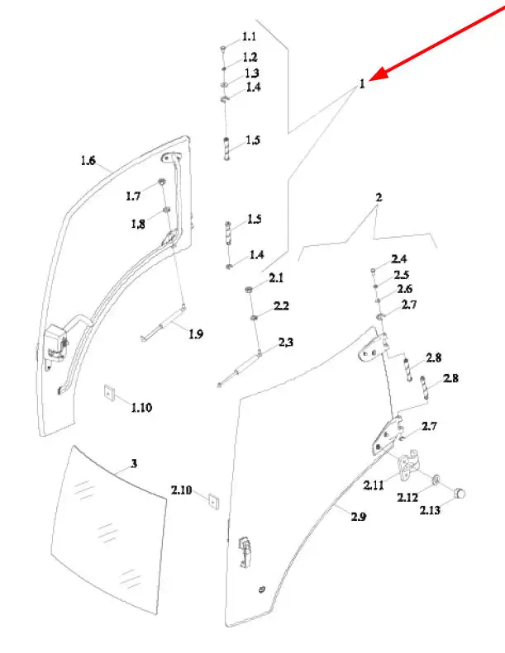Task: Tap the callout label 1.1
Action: (250, 36)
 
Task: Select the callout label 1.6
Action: (88, 160)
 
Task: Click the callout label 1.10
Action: (142, 407)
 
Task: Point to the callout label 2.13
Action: (430, 510)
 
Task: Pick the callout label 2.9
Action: (359, 517)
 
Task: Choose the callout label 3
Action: (134, 463)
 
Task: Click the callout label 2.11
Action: (374, 485)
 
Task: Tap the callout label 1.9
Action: (196, 334)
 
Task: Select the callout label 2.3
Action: (286, 342)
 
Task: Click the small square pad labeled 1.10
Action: (109, 394)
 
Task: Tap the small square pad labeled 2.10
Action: (213, 501)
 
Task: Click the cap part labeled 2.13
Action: (459, 493)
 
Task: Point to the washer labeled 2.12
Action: (436, 480)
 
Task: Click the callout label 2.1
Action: (276, 277)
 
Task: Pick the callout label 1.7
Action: (133, 196)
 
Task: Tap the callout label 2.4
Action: (398, 259)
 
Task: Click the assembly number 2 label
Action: (379, 197)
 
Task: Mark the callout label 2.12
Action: (407, 497)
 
